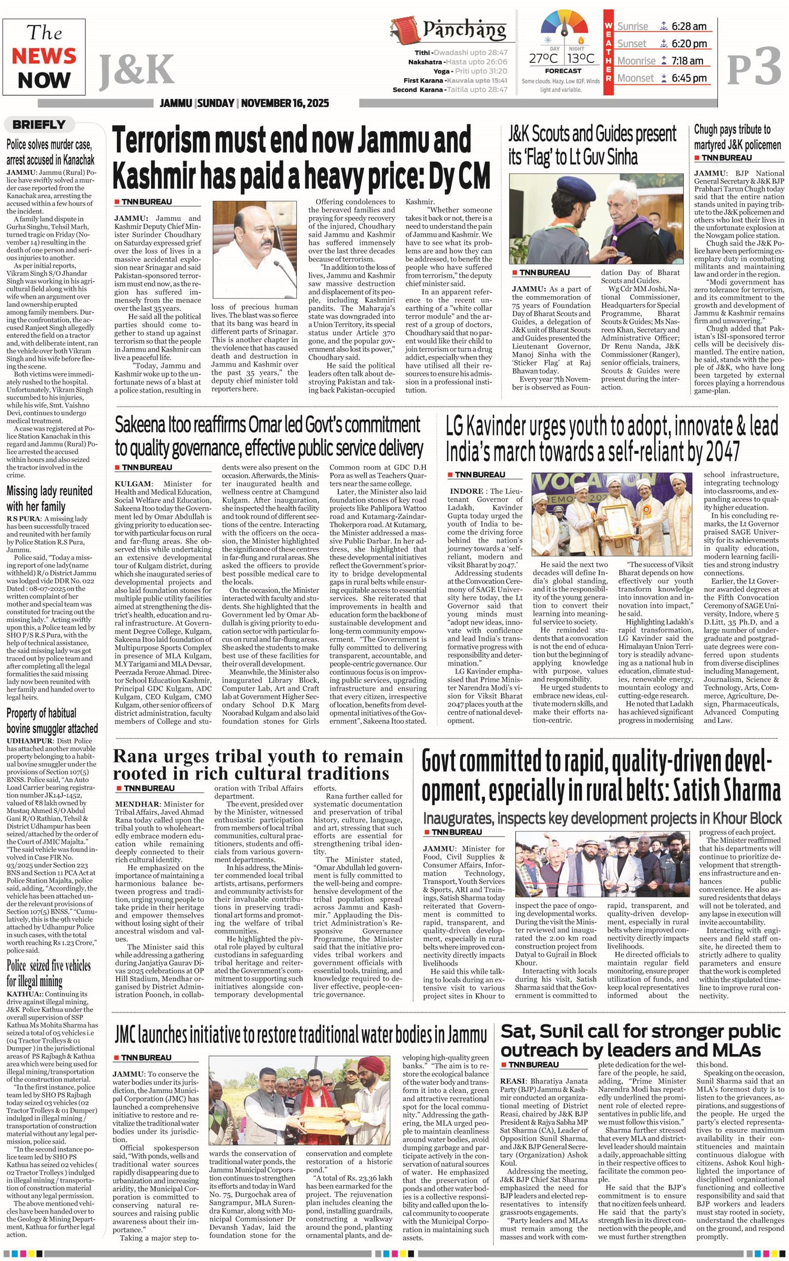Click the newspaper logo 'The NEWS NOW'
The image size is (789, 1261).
(44, 57)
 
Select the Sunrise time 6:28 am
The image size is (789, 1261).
(689, 27)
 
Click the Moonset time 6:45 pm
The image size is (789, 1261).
(689, 78)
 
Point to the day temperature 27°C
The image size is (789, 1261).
(543, 58)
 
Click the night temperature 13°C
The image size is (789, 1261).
(580, 58)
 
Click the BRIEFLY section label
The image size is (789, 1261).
(39, 125)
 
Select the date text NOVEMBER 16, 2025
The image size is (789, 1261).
(285, 103)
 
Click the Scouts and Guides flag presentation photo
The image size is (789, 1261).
(595, 217)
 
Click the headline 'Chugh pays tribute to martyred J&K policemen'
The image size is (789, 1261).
(737, 137)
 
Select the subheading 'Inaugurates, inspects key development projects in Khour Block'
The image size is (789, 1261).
(602, 818)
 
